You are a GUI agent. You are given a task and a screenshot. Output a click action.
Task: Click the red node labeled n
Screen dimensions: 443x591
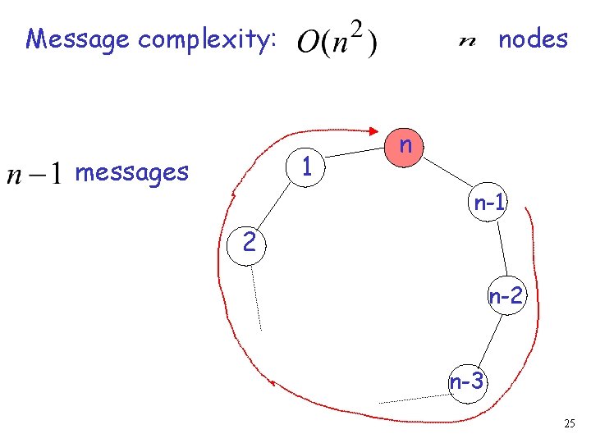point(405,148)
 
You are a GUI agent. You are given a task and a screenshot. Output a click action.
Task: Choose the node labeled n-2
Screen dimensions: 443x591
point(506,296)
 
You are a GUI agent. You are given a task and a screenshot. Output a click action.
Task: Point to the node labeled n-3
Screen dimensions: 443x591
point(467,381)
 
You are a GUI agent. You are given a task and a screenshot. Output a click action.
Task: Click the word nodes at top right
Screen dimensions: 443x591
point(533,39)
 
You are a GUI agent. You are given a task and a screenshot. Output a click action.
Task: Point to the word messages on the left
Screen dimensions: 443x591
point(131,172)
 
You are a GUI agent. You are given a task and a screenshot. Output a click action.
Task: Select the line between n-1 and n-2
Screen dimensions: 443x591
point(500,249)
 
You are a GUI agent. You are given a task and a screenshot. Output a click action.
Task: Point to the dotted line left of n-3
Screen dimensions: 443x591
point(413,398)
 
